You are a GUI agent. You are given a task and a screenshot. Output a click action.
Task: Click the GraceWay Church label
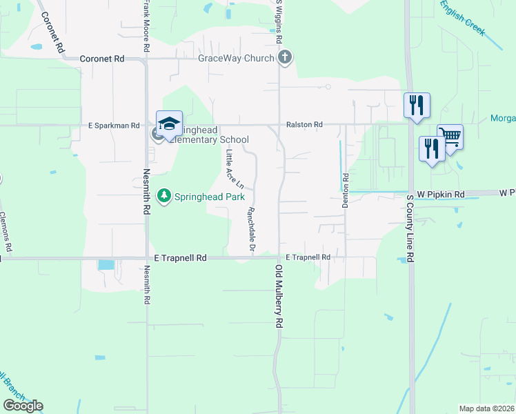click(236, 58)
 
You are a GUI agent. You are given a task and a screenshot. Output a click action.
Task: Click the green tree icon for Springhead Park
click(163, 197)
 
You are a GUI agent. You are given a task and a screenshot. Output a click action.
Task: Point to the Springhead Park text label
click(209, 197)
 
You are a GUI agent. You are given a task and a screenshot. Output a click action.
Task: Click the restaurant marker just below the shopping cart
click(432, 149)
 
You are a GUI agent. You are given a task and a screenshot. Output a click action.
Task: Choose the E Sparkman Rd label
click(114, 126)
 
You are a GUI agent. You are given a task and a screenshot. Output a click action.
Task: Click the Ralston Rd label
click(304, 125)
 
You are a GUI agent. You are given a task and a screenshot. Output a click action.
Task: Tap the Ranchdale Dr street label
click(252, 230)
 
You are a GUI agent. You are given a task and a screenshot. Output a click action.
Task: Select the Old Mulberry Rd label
click(279, 296)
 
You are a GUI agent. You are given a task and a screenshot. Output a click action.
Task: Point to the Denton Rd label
click(346, 187)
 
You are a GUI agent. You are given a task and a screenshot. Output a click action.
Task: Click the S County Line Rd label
click(410, 228)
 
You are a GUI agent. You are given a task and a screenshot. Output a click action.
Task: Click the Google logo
click(23, 406)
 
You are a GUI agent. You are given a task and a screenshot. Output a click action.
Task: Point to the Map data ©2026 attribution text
click(486, 408)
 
